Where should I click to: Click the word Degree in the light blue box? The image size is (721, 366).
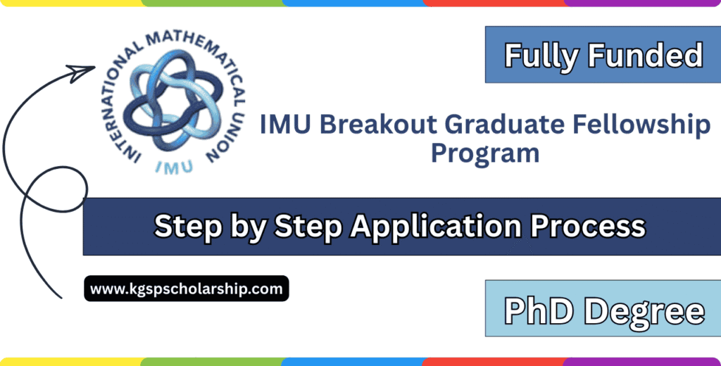[643, 310]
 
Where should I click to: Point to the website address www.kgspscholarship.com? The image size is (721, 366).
[187, 288]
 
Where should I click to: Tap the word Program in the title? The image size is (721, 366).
[485, 153]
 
